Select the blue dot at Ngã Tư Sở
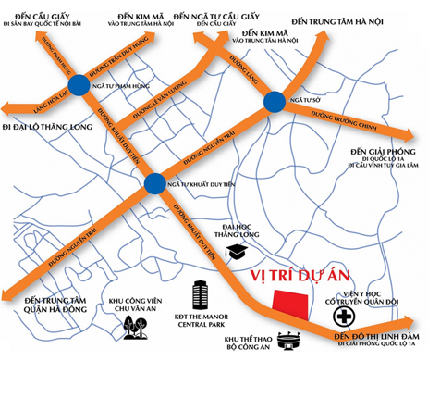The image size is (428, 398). point(275,101)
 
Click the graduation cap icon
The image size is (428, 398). point(237,250)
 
